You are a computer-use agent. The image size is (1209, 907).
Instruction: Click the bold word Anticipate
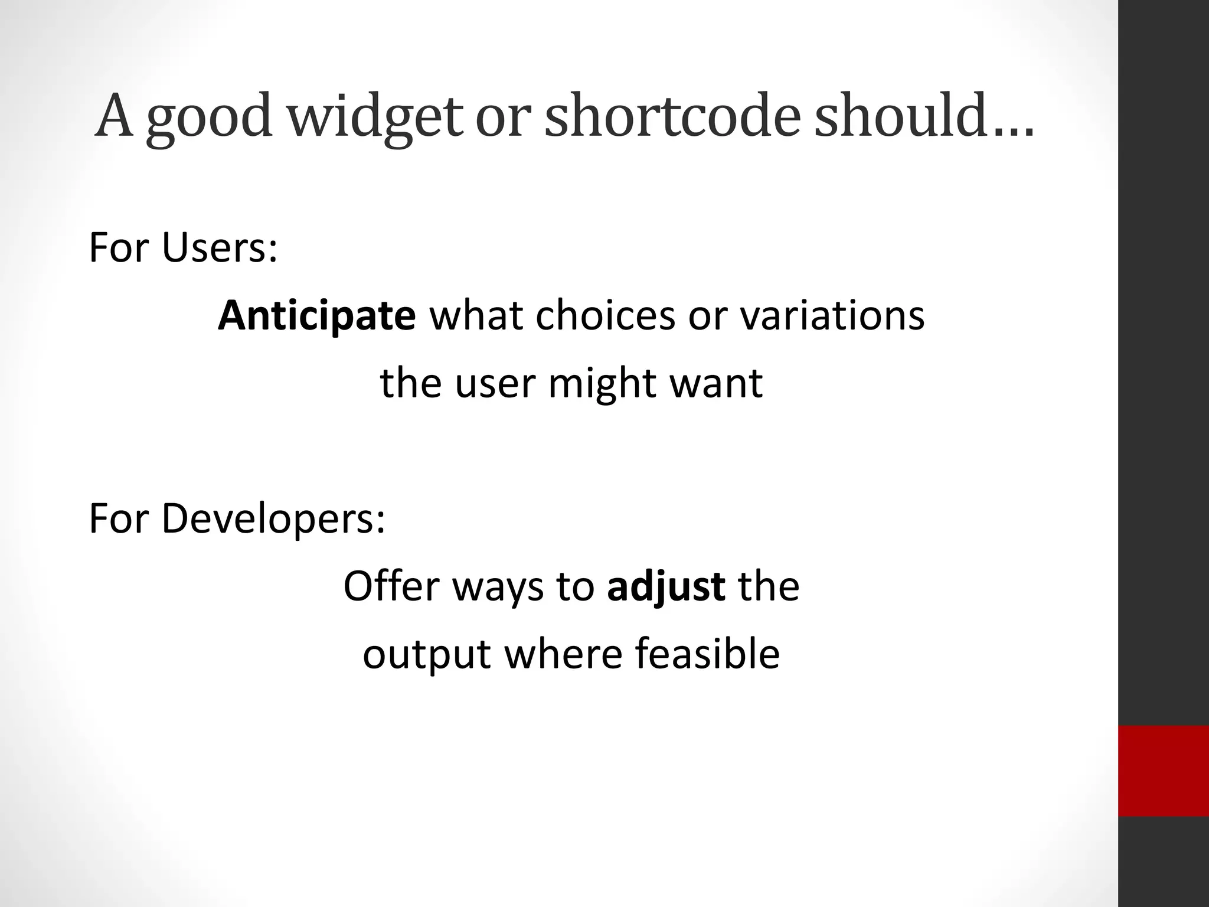click(x=317, y=315)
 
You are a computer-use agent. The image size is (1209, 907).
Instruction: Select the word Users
click(x=218, y=248)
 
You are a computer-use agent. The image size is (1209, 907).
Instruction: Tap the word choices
click(x=604, y=315)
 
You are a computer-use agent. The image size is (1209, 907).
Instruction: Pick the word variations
click(x=832, y=315)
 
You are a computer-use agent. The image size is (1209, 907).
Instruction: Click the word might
click(x=602, y=383)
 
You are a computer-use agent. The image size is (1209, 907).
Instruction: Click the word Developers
click(x=273, y=518)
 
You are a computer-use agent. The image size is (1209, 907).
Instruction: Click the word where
click(x=563, y=654)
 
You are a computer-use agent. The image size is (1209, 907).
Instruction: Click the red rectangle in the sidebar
click(x=1163, y=771)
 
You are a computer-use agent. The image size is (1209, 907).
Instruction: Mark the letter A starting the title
click(x=114, y=116)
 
